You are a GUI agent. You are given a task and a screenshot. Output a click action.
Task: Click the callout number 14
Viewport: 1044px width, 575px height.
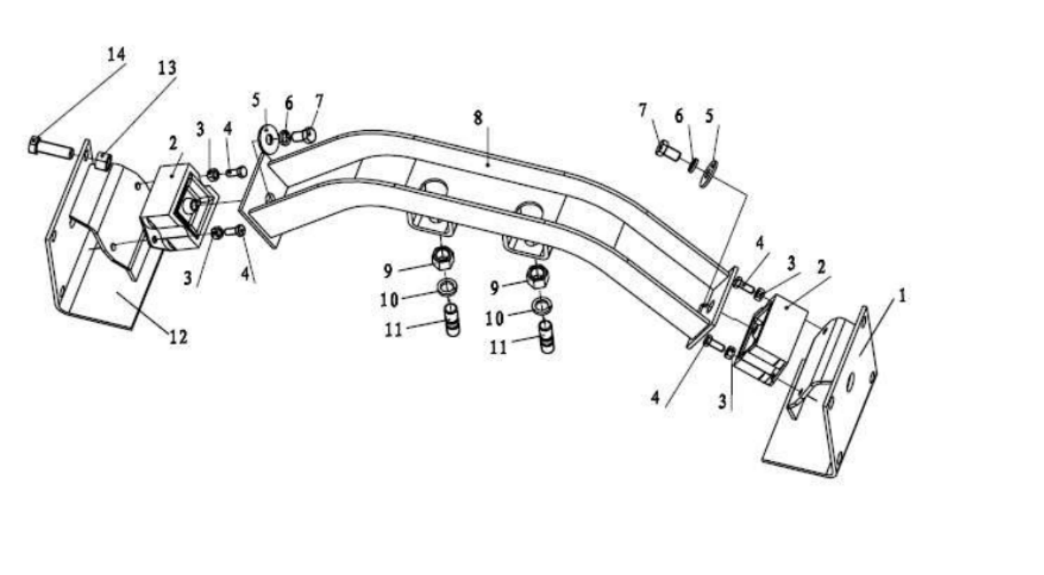116,54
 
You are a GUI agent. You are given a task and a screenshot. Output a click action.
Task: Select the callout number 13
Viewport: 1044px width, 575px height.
167,68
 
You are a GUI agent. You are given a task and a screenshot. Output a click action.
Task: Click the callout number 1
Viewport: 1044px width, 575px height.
901,295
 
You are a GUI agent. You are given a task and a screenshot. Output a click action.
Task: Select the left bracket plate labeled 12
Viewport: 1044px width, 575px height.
100,294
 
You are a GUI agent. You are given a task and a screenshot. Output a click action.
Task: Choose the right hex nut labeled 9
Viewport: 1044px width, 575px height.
537,275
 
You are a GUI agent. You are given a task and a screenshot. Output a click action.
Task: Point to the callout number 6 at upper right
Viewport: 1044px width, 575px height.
678,116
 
